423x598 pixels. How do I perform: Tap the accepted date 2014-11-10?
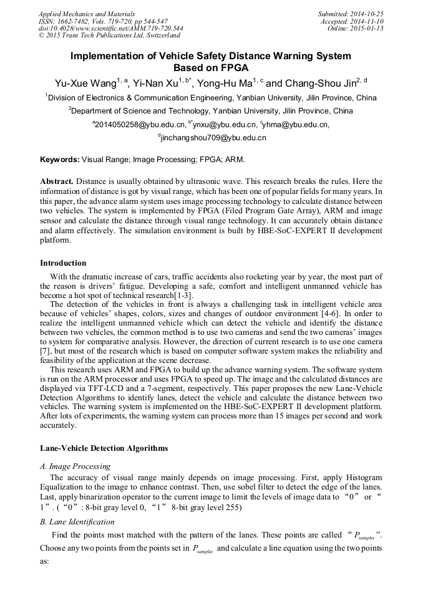pos(366,21)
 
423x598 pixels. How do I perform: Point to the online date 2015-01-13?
pos(366,29)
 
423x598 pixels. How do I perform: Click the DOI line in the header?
pos(111,29)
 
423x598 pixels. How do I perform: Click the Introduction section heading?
pos(63,263)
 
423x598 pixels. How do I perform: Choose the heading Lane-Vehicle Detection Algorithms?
pos(104,448)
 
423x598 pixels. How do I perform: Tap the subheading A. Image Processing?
pos(75,466)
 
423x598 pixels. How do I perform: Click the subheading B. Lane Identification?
pos(77,521)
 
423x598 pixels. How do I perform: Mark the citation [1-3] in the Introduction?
pos(182,294)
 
